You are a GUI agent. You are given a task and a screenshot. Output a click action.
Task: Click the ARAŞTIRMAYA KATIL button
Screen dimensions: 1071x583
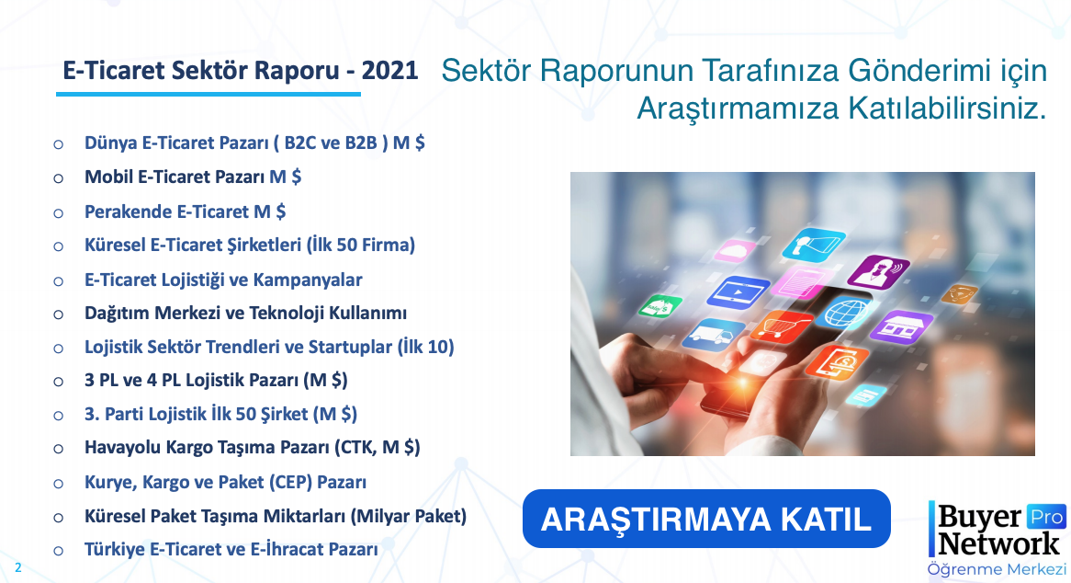click(x=706, y=519)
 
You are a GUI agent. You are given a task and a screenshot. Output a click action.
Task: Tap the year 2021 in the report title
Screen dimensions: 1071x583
click(x=389, y=71)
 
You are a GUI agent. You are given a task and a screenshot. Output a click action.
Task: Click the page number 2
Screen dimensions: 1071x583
click(x=17, y=568)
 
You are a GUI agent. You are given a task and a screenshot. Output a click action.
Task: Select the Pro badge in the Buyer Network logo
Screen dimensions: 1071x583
click(x=1045, y=518)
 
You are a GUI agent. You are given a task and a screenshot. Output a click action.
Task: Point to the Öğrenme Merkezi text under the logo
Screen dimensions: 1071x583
click(x=997, y=569)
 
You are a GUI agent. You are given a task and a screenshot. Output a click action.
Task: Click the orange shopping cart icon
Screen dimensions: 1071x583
click(x=780, y=326)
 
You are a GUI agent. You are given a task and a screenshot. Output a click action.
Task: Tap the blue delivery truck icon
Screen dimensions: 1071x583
click(x=713, y=335)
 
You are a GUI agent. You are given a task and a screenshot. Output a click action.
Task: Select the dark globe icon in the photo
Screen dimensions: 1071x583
click(x=843, y=312)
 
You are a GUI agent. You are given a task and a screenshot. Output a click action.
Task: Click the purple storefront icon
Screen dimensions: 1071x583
click(x=901, y=326)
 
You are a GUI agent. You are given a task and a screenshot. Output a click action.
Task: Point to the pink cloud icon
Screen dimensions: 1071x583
click(x=735, y=251)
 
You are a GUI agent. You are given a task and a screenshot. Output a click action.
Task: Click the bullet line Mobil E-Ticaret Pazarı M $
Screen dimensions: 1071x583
click(x=193, y=177)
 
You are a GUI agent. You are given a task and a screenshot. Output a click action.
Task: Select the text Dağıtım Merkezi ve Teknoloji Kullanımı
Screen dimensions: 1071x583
click(x=245, y=313)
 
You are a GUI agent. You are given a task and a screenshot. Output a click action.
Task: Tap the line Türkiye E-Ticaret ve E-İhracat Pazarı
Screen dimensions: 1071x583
click(x=231, y=550)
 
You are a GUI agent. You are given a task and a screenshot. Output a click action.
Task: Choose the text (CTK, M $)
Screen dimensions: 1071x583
click(x=377, y=448)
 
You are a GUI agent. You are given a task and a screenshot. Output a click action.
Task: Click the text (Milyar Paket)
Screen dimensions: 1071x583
click(x=409, y=516)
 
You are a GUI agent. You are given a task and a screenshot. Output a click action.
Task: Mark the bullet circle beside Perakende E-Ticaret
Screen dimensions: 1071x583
click(x=59, y=213)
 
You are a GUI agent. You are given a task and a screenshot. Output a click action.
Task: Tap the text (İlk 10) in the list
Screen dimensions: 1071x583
click(x=425, y=348)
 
